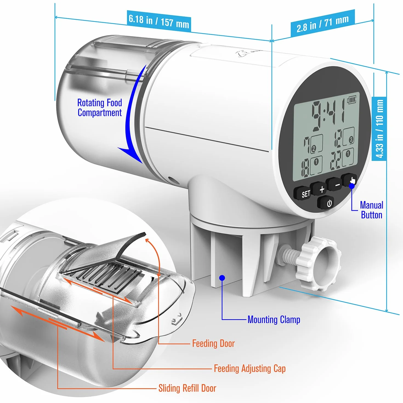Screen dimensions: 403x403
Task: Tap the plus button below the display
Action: pyautogui.click(x=319, y=189)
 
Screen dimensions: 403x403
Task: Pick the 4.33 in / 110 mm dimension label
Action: pyautogui.click(x=379, y=129)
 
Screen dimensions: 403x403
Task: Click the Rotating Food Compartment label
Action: pyautogui.click(x=100, y=108)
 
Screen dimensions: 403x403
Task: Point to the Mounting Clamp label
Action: pyautogui.click(x=274, y=320)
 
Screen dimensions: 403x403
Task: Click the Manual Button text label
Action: pyautogui.click(x=372, y=210)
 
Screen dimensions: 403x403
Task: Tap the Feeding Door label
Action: pyautogui.click(x=213, y=344)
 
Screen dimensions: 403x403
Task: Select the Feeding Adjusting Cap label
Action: pyautogui.click(x=250, y=368)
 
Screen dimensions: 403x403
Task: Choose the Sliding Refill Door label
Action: pyautogui.click(x=187, y=388)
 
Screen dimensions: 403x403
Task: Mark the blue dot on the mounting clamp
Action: pyautogui.click(x=222, y=278)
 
